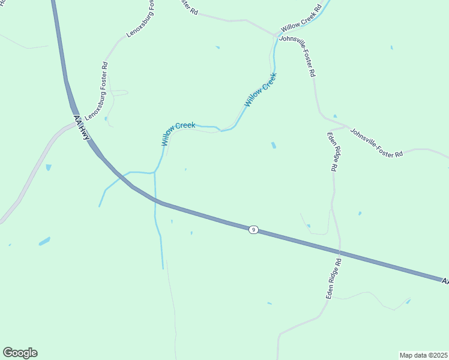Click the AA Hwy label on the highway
coord(82,128)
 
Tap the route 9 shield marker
coord(254,230)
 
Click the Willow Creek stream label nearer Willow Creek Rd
coord(261,90)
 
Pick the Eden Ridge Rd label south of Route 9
coord(333,280)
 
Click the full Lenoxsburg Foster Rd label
coord(96,91)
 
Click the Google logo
coord(20,353)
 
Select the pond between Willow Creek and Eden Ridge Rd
coord(274,145)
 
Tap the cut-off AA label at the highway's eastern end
coord(445,281)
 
